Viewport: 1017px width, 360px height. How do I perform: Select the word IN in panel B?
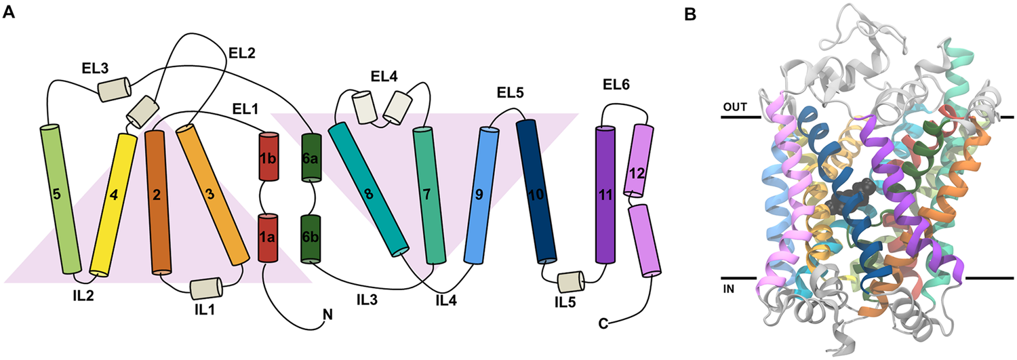pyautogui.click(x=730, y=287)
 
